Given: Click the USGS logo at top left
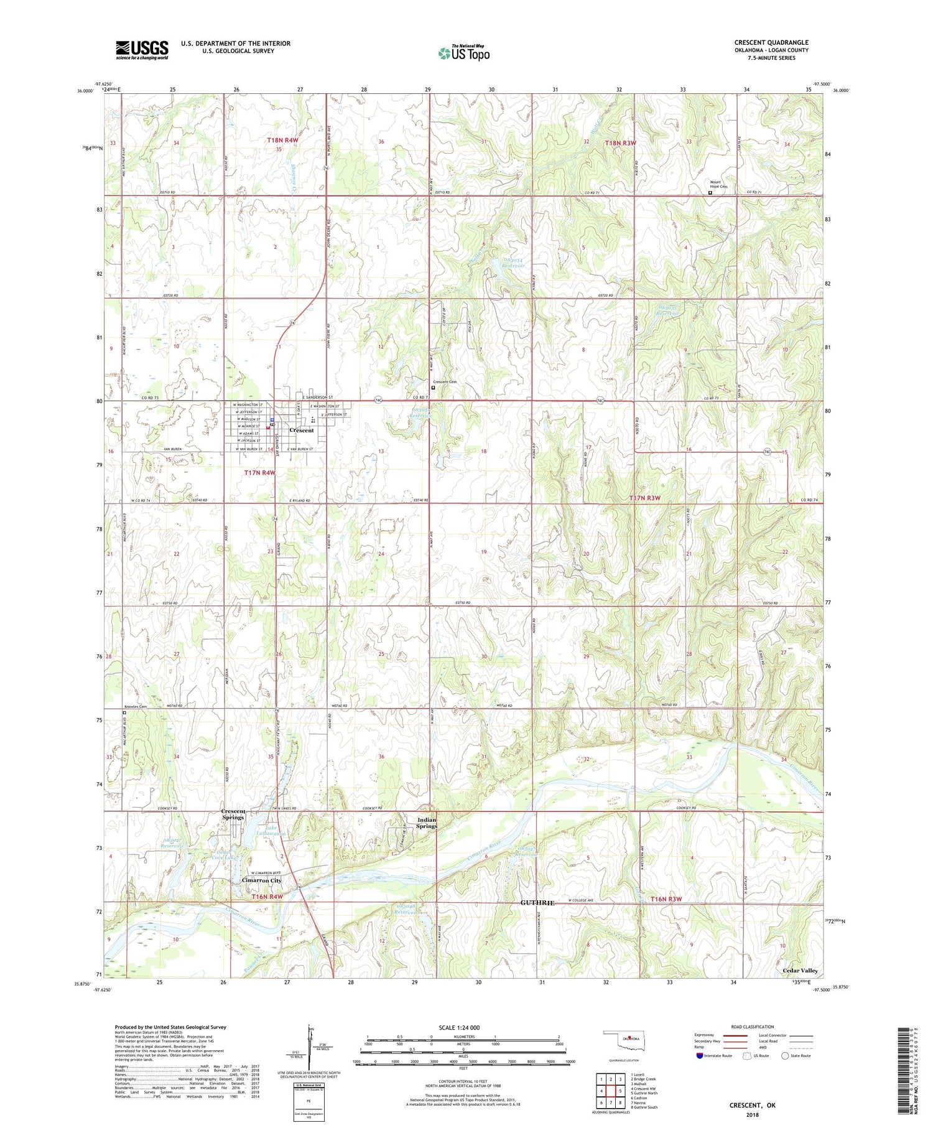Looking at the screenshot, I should (142, 50).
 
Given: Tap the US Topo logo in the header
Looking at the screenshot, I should (464, 54).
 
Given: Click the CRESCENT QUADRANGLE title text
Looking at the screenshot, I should (771, 42).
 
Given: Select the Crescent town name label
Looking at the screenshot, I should (302, 431).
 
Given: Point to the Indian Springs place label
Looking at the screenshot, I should (427, 823).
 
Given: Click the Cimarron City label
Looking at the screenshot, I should (261, 880).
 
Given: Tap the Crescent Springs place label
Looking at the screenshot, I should (233, 814).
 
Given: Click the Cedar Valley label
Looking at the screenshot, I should (800, 971).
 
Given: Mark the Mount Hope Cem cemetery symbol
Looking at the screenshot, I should (710, 193).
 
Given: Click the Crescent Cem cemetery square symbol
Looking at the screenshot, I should (434, 388).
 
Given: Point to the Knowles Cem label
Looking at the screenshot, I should (134, 707).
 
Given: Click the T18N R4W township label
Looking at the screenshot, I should (283, 141).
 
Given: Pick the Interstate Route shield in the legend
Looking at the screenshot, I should (700, 1056).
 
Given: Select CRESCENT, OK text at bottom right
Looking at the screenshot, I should (752, 1106).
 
